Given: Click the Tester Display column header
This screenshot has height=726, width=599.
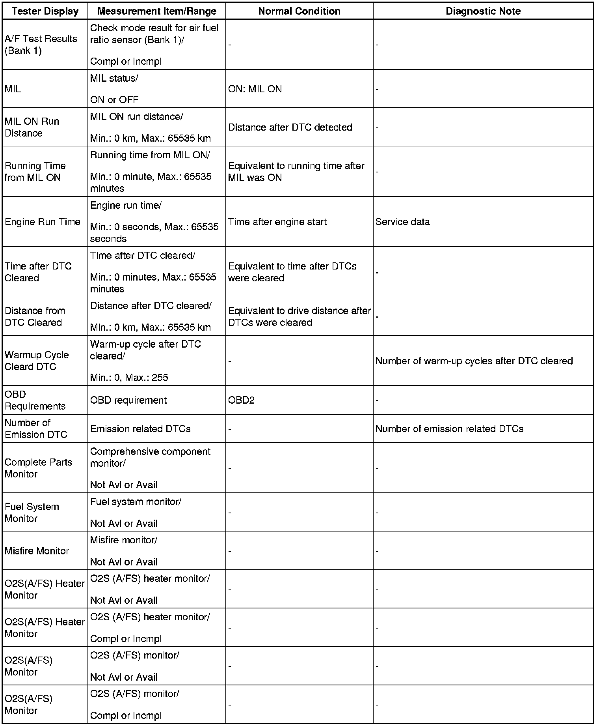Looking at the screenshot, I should tap(45, 11).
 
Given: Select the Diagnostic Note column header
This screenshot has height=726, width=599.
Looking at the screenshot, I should tap(483, 11).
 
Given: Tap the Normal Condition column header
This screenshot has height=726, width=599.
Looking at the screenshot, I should tap(299, 11).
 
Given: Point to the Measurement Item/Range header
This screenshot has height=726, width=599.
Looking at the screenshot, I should tap(156, 11).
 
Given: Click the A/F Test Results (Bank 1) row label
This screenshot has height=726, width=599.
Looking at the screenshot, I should tap(41, 45).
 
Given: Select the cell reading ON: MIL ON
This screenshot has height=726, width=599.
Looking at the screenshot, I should tap(255, 89).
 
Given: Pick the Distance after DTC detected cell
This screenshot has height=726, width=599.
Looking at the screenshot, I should tap(290, 127).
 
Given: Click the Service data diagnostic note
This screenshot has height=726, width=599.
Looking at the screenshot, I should tap(402, 222).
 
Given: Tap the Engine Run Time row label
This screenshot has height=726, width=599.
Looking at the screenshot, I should tap(43, 222).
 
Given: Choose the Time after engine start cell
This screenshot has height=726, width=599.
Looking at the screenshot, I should tap(277, 222).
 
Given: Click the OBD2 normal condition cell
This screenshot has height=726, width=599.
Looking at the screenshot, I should tap(241, 400).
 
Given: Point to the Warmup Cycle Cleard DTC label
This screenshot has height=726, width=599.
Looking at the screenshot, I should tap(37, 361).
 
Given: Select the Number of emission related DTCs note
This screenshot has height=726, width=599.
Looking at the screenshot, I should tap(449, 429).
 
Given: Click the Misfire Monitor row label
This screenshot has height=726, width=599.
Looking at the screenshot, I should tap(37, 551).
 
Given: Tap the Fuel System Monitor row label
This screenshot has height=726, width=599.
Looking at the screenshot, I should tap(32, 513).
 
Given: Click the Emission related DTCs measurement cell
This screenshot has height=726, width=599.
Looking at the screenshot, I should tap(140, 429).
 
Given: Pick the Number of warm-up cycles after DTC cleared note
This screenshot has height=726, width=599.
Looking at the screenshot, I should tap(474, 361).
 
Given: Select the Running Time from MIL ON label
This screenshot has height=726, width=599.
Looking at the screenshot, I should tap(35, 172).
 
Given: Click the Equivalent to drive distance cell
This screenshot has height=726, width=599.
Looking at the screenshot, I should tap(299, 316).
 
